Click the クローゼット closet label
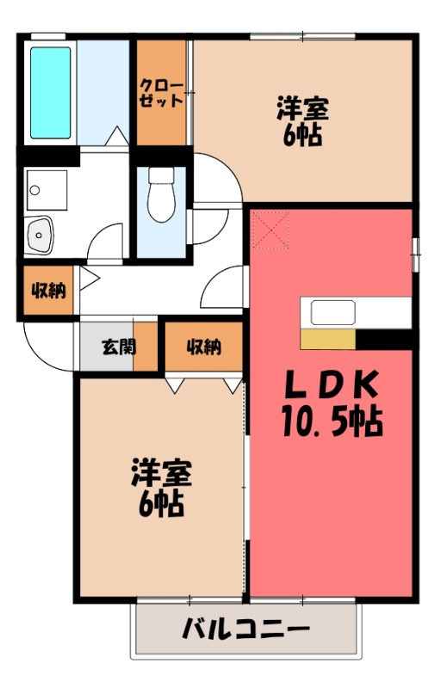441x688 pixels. coord(163,92)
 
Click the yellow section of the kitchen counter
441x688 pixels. coord(327,339)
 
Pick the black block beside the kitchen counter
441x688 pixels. coord(383,339)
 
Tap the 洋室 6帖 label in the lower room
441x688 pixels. coord(161,487)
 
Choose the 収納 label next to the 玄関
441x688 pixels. coord(203,347)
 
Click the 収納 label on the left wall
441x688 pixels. coord(48,291)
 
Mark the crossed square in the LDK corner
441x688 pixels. coord(270,229)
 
